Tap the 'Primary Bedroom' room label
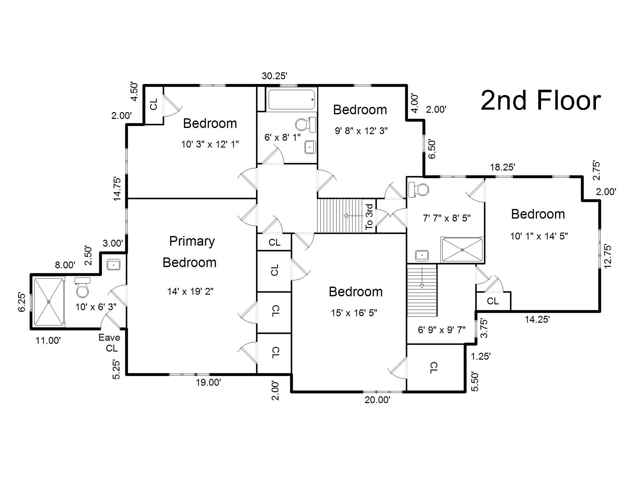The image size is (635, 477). click(x=190, y=252)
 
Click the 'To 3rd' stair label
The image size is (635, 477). click(x=369, y=216)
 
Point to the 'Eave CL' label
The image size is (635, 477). click(x=110, y=343)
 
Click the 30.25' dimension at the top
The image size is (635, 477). click(x=274, y=76)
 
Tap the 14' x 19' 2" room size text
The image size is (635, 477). click(x=190, y=291)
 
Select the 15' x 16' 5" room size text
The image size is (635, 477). click(x=354, y=313)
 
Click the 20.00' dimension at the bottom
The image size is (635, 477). click(x=377, y=400)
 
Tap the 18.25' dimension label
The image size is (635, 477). click(x=503, y=167)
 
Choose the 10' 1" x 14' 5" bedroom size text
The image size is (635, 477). click(x=539, y=236)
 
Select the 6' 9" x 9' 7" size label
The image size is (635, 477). click(x=442, y=330)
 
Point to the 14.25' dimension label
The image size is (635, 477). click(x=537, y=319)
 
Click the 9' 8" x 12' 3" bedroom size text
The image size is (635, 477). click(x=361, y=131)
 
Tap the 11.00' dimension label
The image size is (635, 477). click(x=48, y=341)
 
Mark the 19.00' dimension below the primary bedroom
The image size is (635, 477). click(x=208, y=382)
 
